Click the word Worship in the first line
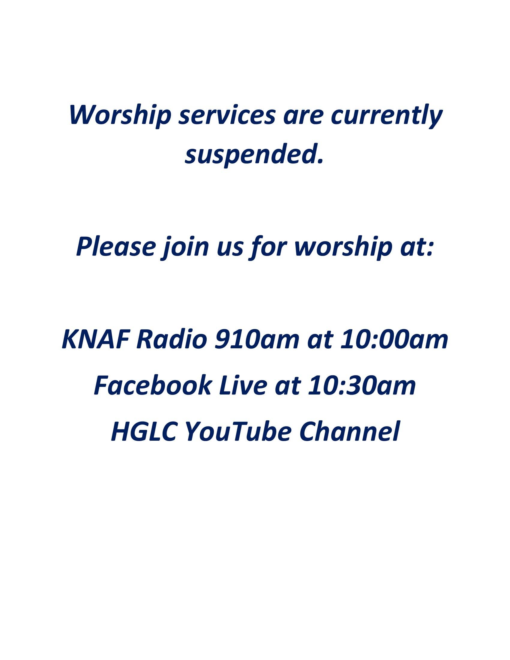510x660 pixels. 120,116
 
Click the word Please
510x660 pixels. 116,247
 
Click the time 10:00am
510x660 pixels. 394,340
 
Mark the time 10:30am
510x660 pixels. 362,385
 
